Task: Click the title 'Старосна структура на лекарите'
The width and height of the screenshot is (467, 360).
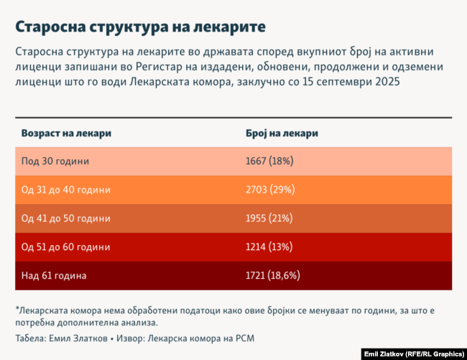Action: pos(141,27)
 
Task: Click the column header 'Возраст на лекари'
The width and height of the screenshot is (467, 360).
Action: pos(66,134)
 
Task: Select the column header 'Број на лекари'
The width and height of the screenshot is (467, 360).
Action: pos(282,134)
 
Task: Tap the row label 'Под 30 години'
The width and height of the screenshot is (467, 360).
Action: pos(55,162)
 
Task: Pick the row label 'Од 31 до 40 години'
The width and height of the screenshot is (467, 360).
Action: pos(66,190)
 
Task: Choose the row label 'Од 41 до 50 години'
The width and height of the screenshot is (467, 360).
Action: pos(66,218)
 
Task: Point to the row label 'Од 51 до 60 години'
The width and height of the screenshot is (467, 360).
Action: pos(66,246)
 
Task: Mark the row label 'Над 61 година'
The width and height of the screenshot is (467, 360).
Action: pos(54,275)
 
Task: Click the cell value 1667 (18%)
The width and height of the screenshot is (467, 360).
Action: pos(269,162)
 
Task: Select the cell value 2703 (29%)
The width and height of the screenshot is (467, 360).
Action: pos(270,190)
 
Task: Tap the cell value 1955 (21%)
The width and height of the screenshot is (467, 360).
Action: pos(269,218)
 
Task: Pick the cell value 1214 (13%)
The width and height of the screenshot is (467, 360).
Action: pos(269,246)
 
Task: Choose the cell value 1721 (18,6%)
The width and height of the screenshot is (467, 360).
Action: pos(273,275)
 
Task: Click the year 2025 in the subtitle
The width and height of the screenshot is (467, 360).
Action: pos(385,82)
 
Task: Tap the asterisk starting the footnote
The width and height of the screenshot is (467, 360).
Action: pos(17,309)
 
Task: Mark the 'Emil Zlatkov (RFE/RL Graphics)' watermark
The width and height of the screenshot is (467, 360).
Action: pos(413,354)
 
